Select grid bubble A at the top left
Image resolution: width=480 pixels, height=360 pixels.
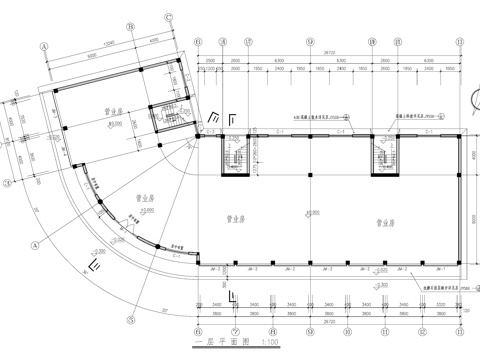[44, 46]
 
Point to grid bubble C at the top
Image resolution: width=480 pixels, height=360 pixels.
[170, 17]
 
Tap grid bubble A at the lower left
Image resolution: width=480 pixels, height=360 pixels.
[35, 243]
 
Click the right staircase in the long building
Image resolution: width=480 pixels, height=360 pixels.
[384, 155]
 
